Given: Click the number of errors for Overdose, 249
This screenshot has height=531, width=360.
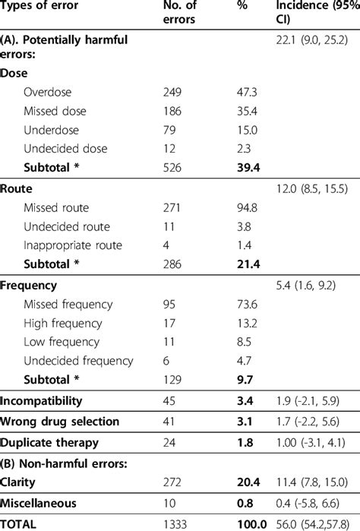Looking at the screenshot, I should click(x=174, y=92).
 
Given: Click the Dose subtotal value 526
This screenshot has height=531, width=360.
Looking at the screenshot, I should click(x=174, y=166).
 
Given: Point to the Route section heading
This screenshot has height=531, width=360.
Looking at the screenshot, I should click(x=16, y=189).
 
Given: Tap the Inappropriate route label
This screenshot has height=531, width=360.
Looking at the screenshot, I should click(x=72, y=245).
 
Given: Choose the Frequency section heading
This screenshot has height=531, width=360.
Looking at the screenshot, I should click(x=29, y=286).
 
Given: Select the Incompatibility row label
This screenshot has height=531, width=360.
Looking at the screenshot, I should click(x=42, y=400).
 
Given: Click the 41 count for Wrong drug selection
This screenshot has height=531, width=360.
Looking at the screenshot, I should click(x=169, y=421).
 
